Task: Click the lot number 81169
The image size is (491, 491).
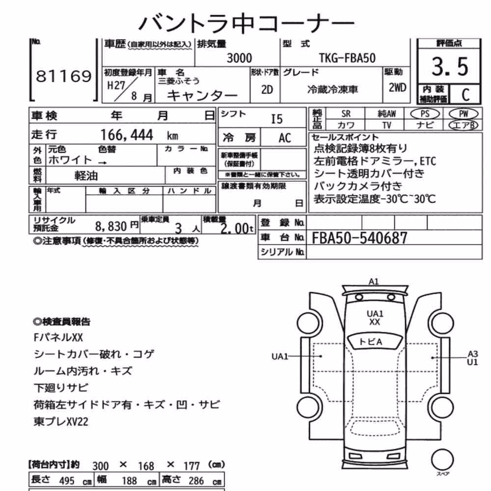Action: [64, 76]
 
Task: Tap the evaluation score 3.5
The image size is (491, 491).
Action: [450, 67]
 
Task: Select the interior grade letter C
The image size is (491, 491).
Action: [465, 95]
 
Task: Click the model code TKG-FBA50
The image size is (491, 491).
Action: [347, 58]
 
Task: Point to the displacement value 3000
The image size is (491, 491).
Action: [239, 58]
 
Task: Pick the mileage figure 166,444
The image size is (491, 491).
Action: [127, 136]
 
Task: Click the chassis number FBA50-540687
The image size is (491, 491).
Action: [359, 238]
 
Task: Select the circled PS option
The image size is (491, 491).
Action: [425, 114]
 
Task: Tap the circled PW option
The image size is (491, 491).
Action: [464, 114]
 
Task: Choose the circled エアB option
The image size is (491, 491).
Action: [464, 125]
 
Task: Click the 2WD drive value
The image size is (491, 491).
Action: [397, 88]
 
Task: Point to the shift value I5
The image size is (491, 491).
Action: [276, 119]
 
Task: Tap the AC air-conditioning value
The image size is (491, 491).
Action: [285, 138]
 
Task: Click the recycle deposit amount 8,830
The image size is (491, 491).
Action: [111, 226]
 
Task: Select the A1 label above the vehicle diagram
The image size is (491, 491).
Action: [374, 282]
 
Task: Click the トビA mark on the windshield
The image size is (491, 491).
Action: [371, 342]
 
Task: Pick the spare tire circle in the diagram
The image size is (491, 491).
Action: [442, 460]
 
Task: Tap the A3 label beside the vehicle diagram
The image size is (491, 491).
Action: [473, 354]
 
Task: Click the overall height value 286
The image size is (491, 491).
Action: [196, 481]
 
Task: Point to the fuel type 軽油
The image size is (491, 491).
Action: [86, 176]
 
